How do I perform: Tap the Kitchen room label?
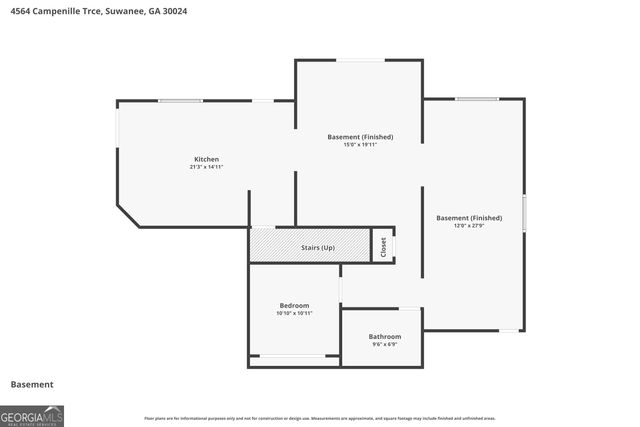click(x=206, y=159)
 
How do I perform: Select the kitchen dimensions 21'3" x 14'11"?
click(x=206, y=167)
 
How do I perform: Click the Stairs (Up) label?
click(x=318, y=246)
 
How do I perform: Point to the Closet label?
click(x=383, y=247)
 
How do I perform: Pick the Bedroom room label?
click(x=294, y=305)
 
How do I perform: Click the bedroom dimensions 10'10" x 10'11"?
click(x=294, y=313)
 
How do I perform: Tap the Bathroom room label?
click(x=384, y=336)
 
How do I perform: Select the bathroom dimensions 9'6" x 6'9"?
click(x=384, y=344)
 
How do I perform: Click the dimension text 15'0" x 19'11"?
click(x=360, y=144)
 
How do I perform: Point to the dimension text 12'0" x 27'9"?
click(x=469, y=225)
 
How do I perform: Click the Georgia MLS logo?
click(x=32, y=415)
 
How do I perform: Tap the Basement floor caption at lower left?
click(x=31, y=384)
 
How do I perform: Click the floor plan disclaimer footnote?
click(x=319, y=418)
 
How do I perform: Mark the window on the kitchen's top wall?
click(x=180, y=100)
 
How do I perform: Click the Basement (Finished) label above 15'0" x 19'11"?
click(x=360, y=136)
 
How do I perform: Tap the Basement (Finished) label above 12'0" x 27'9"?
click(x=469, y=217)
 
